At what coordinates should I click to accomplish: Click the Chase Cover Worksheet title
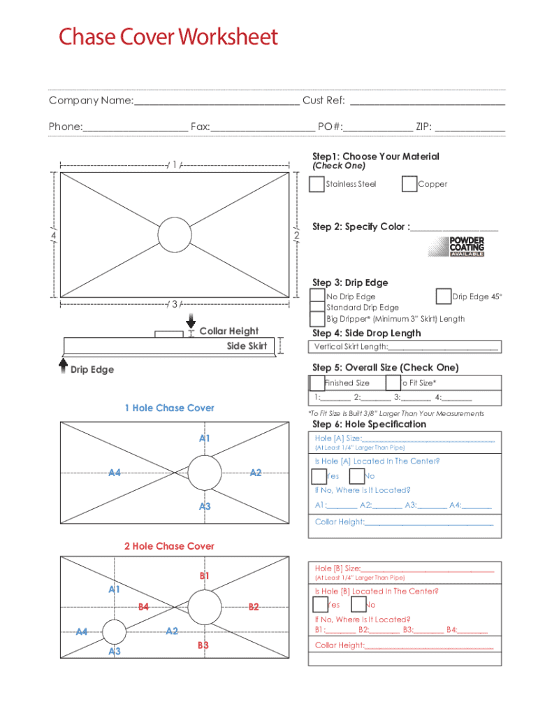[x=168, y=36]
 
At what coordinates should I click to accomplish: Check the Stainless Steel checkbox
[x=317, y=184]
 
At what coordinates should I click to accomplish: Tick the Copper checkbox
[x=409, y=184]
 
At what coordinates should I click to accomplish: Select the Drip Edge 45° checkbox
[x=443, y=296]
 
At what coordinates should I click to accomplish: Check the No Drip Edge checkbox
[x=317, y=296]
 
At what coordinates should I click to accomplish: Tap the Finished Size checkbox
[x=317, y=382]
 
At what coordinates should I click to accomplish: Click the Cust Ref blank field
[x=427, y=101]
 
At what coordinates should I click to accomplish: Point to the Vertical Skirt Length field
[x=442, y=347]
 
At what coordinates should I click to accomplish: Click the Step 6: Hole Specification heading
[x=369, y=424]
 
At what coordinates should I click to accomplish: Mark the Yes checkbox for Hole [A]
[x=319, y=476]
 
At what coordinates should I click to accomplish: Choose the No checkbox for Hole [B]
[x=357, y=605]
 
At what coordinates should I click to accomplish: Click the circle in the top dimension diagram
[x=175, y=234]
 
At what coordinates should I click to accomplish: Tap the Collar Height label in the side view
[x=228, y=331]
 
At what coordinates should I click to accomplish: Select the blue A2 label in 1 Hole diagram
[x=256, y=473]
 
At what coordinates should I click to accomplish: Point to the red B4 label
[x=143, y=607]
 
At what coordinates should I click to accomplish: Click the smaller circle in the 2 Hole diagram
[x=114, y=631]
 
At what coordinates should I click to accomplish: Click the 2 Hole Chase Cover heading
[x=169, y=546]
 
